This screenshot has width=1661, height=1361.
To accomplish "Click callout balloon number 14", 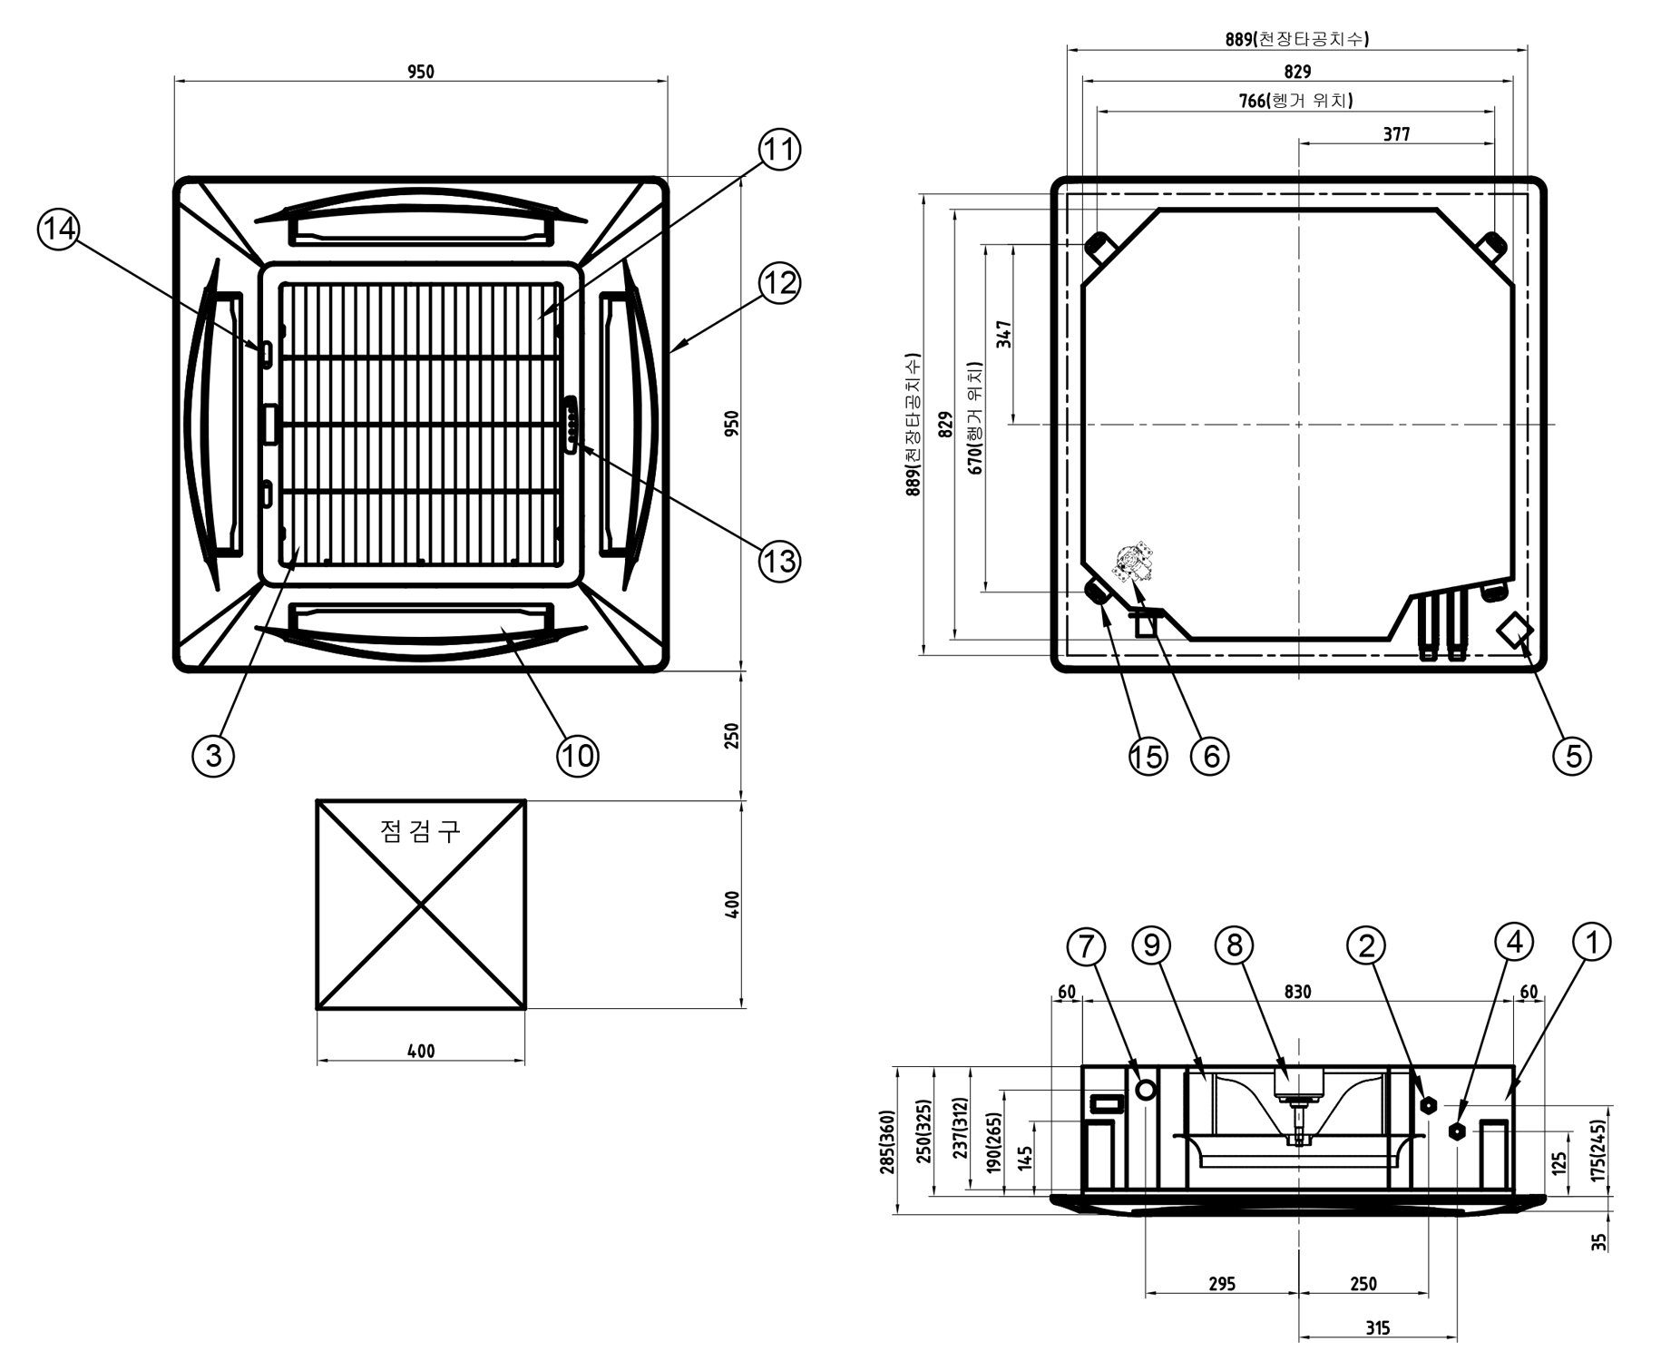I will tap(59, 228).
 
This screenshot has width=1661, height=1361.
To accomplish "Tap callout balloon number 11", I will tap(778, 150).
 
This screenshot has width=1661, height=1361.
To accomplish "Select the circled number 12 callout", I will tap(778, 283).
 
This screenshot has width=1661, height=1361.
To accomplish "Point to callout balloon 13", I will tap(778, 561).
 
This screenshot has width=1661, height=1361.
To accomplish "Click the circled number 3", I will tap(213, 755).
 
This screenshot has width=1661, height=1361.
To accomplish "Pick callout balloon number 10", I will tap(578, 755).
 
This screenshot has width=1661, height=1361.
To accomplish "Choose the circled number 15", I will tap(1147, 755).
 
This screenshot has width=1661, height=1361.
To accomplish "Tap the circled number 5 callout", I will tap(1572, 755).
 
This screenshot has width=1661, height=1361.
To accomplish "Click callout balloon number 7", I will tap(1086, 946).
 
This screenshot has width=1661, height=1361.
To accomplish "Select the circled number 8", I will tap(1234, 945).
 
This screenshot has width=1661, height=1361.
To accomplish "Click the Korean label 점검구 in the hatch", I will tap(420, 830).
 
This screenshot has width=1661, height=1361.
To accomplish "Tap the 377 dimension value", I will tap(1396, 134).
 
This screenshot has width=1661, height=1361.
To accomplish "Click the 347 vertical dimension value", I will tap(1003, 334).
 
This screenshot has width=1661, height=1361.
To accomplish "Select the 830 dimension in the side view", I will tap(1297, 992).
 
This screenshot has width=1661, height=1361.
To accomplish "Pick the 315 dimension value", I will tap(1377, 1328).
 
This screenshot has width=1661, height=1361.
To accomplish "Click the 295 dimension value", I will tap(1222, 1284).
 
